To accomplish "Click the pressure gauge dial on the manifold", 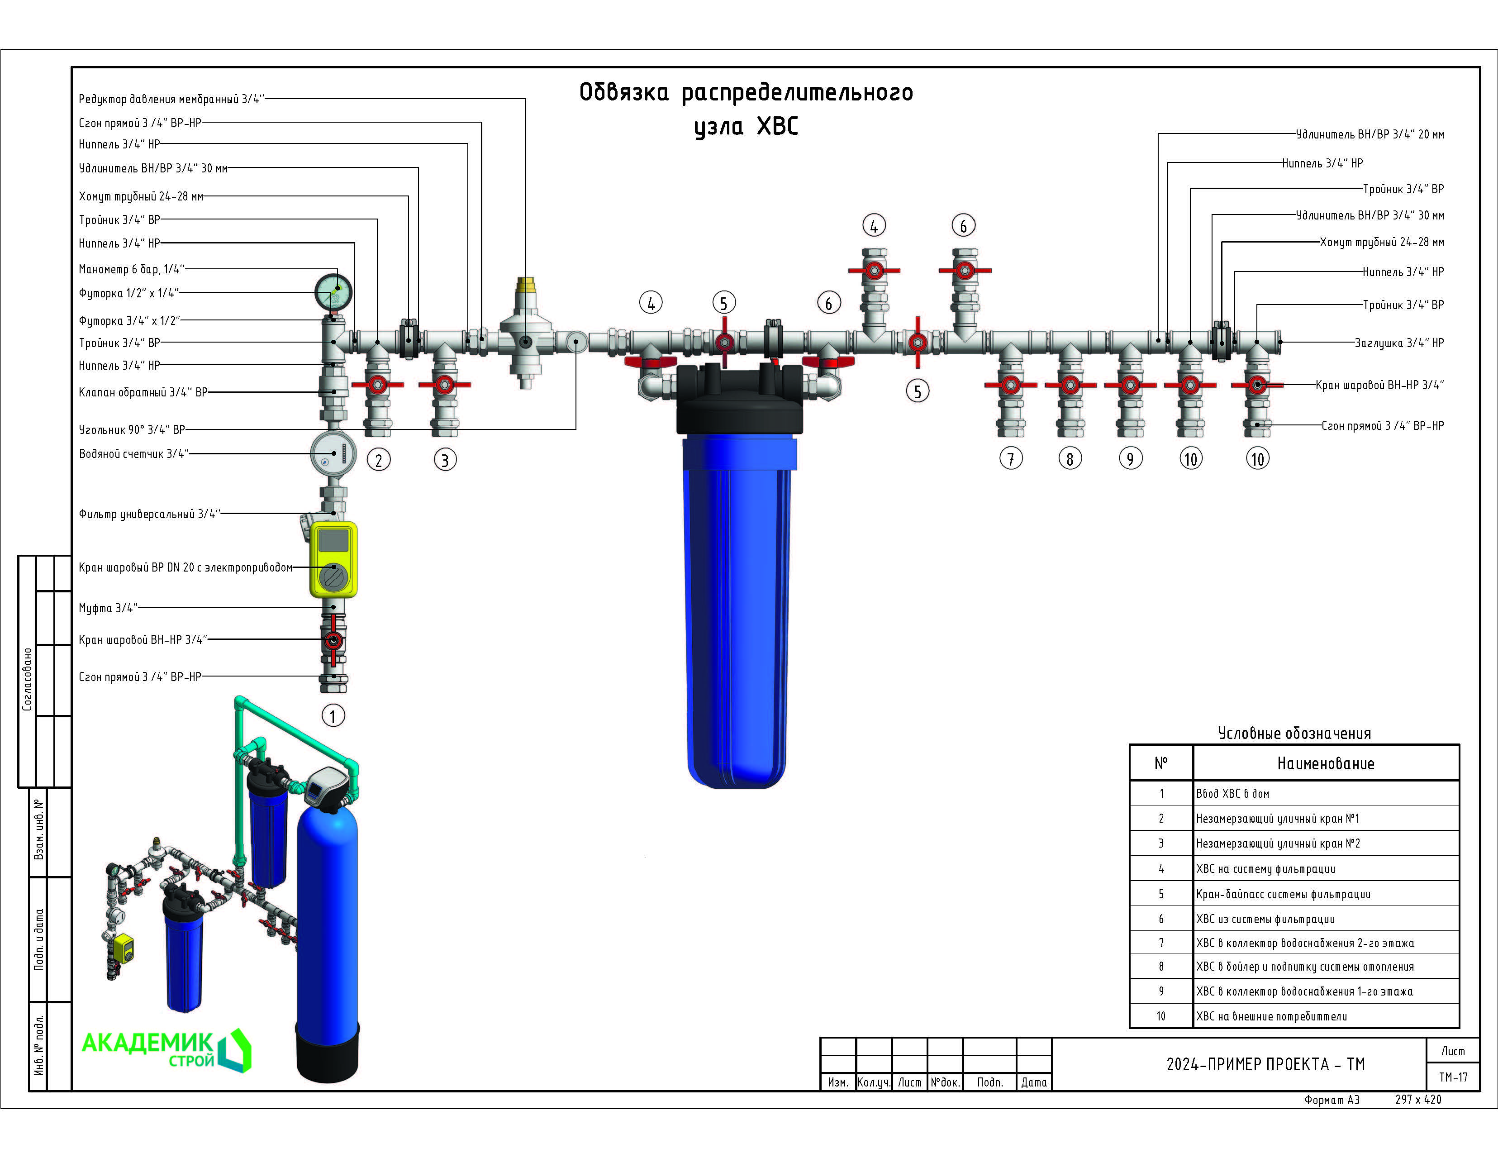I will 333,292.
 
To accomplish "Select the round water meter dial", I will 333,453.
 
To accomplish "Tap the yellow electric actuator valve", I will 333,559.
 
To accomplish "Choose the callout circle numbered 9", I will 1130,458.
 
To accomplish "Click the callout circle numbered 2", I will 379,460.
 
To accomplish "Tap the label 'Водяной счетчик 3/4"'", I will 134,453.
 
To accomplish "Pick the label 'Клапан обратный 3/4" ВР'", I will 143,392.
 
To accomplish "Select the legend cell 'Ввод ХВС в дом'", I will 1232,794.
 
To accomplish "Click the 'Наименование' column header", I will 1325,763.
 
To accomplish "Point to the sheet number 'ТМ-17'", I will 1453,1077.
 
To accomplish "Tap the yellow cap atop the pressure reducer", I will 526,285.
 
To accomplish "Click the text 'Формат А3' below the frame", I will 1332,1100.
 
